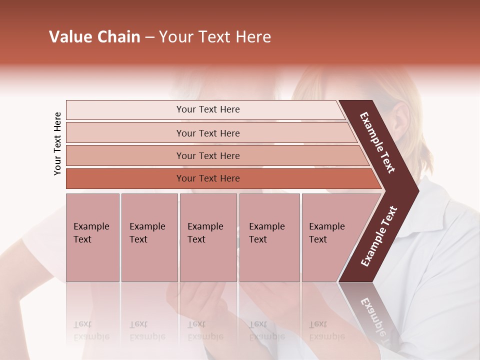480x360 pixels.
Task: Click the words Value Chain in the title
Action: pyautogui.click(x=94, y=37)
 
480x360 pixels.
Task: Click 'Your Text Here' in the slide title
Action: pyautogui.click(x=215, y=37)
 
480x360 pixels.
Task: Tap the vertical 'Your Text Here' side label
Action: pyautogui.click(x=57, y=143)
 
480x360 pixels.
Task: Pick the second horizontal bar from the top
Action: pyautogui.click(x=207, y=133)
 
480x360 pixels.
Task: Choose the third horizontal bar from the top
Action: pyautogui.click(x=207, y=155)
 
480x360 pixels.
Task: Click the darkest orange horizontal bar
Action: pyautogui.click(x=207, y=178)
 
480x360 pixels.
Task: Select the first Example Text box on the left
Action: pyautogui.click(x=92, y=237)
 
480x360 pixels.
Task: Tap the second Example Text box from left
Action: pyautogui.click(x=149, y=237)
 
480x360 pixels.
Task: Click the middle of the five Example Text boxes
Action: pyautogui.click(x=208, y=237)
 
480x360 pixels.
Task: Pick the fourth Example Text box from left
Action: pyautogui.click(x=269, y=237)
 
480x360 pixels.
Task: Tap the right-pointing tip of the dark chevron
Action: pyautogui.click(x=413, y=191)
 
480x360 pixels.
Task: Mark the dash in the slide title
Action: pyautogui.click(x=149, y=37)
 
